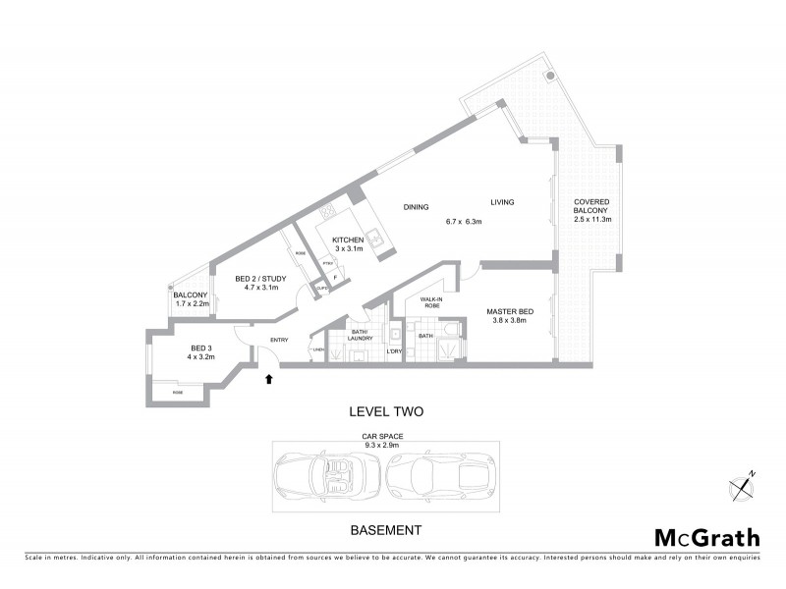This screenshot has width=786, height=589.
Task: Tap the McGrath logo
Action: coord(706,537)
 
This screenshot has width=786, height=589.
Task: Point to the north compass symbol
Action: coord(742,486)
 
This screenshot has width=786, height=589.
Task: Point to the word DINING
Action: coord(417,207)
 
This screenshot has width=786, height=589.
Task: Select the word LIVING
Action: coord(503,202)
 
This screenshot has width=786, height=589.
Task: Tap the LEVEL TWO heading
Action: coord(386,412)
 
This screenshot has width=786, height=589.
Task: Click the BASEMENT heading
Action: coord(386,530)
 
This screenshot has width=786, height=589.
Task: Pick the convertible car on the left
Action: coord(327,477)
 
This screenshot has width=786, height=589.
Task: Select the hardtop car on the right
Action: coord(440,477)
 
